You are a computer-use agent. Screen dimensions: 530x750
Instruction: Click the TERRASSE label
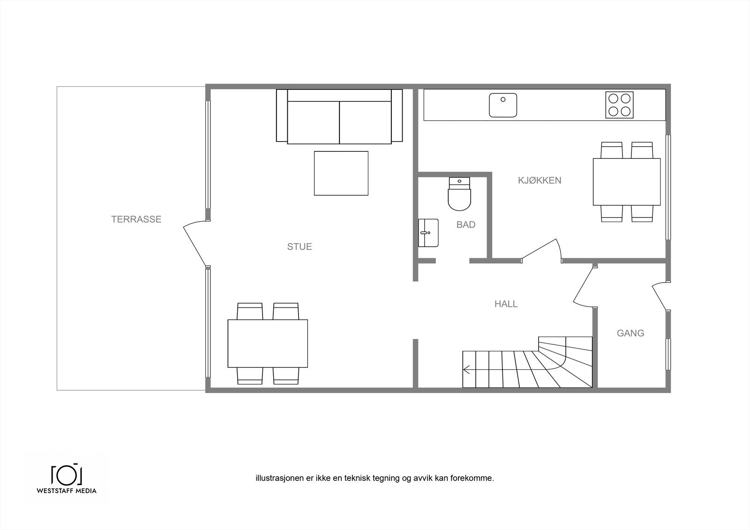point(136,219)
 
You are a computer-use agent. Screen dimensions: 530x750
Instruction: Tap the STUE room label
point(300,246)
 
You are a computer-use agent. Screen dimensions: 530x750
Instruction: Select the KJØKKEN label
point(540,180)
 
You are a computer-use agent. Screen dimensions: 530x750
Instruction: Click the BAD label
point(465,224)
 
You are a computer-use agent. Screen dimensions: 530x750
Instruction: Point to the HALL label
point(506,304)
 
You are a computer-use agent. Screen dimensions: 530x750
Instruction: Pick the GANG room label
point(630,333)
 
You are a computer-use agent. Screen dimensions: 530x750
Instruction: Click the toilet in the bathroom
point(459,194)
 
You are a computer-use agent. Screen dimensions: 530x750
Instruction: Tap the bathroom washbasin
point(428,232)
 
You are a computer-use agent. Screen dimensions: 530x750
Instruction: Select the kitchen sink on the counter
point(503,105)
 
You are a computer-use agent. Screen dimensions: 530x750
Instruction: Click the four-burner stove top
point(619,105)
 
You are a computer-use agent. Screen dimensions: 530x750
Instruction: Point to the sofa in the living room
point(339,116)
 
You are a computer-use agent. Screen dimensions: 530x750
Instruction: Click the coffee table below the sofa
point(341,173)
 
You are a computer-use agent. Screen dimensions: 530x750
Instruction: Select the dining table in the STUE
point(268,343)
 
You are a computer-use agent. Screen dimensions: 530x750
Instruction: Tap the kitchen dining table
point(626,182)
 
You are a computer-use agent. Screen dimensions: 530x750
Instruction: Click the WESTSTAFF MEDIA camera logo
point(67,474)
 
